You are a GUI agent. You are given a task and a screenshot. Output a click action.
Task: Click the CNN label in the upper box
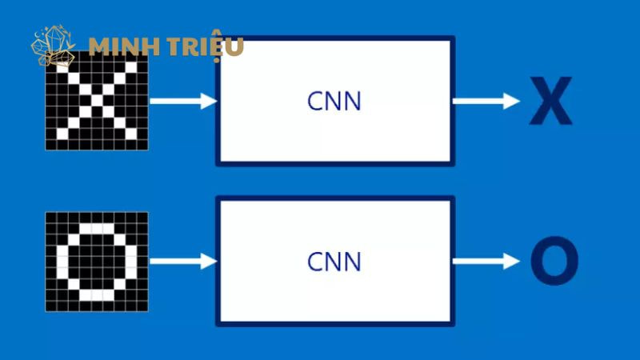pyautogui.click(x=334, y=102)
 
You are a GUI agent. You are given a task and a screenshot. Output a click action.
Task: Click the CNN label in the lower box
pyautogui.click(x=334, y=262)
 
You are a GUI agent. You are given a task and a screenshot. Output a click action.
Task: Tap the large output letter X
pyautogui.click(x=550, y=102)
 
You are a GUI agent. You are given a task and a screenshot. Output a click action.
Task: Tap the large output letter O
pyautogui.click(x=554, y=262)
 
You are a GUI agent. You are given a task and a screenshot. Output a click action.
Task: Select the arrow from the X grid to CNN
pyautogui.click(x=183, y=101)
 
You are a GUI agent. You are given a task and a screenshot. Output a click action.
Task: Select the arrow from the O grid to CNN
pyautogui.click(x=183, y=261)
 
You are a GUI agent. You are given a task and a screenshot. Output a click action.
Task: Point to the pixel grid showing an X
pyautogui.click(x=97, y=101)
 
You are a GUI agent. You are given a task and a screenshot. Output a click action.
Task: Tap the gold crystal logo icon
pyautogui.click(x=53, y=46)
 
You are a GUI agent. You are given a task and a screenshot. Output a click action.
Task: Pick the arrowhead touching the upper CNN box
pyautogui.click(x=210, y=101)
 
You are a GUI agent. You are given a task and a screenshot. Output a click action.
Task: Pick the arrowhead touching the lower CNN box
pyautogui.click(x=210, y=261)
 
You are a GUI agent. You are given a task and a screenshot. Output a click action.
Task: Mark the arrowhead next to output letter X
pyautogui.click(x=512, y=101)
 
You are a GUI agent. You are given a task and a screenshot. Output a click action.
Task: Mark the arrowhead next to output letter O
pyautogui.click(x=512, y=261)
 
